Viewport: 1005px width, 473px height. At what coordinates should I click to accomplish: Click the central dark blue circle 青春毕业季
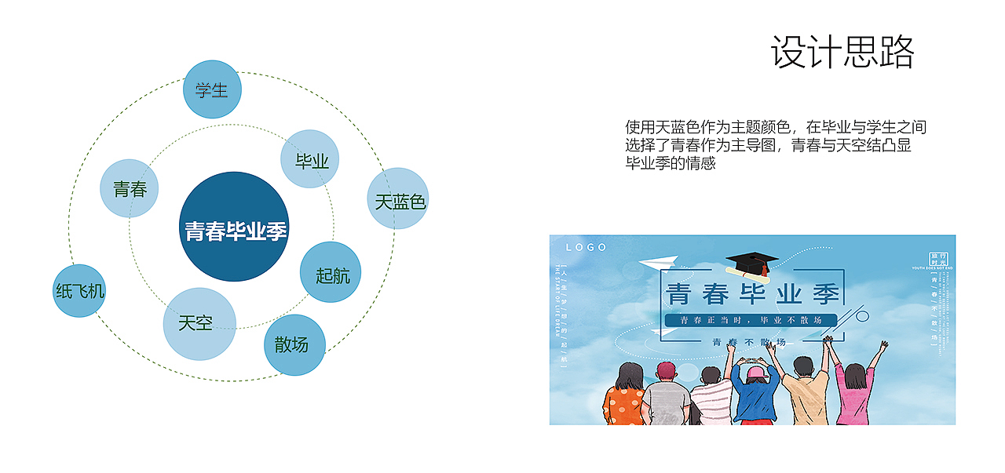[235, 227]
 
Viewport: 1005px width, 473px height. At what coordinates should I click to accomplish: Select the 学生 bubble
[212, 89]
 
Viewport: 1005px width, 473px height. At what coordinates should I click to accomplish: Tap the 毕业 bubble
[310, 159]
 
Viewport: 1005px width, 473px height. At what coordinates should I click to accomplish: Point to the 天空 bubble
[199, 323]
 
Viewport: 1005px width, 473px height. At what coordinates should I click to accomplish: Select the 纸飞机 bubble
[79, 291]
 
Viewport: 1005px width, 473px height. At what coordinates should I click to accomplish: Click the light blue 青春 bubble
[130, 188]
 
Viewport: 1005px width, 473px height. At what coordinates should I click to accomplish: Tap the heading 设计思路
[842, 53]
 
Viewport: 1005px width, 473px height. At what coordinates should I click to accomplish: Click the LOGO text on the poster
[586, 247]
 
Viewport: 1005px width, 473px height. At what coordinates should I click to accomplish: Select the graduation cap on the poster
[751, 264]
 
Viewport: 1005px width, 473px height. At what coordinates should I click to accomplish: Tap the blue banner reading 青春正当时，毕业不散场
[751, 320]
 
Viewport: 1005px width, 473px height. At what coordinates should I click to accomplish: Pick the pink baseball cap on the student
[756, 372]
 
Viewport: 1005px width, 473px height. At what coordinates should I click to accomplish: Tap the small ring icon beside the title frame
[861, 315]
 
